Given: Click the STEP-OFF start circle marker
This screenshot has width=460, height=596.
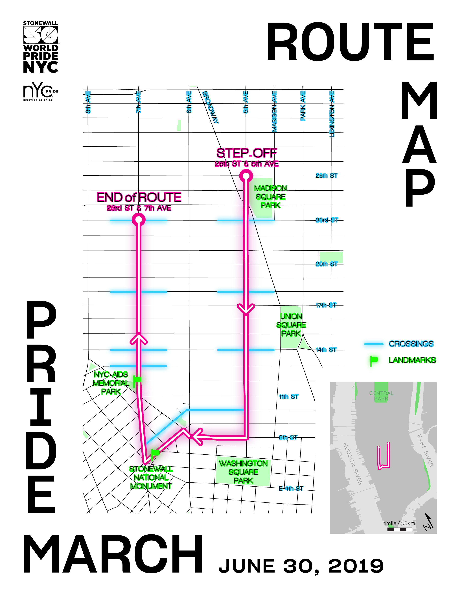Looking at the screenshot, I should coord(246,176).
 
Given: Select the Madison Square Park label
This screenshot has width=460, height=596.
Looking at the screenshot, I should coord(270,197).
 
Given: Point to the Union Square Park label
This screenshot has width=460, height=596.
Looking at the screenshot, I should coord(291,325).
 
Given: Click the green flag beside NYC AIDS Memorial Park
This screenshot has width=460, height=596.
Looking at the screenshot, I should coord(137,380).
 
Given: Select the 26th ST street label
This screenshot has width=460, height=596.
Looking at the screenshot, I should coord(326,176).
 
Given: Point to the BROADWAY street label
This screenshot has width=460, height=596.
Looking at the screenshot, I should coord(211,107).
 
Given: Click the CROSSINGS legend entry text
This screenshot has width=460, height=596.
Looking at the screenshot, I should coord(411,344).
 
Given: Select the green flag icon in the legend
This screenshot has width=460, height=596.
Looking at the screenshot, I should coord(374,360).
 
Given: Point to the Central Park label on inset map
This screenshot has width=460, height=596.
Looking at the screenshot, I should coord(381,396).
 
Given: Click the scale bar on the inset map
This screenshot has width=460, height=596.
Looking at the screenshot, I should coord(399,530).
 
